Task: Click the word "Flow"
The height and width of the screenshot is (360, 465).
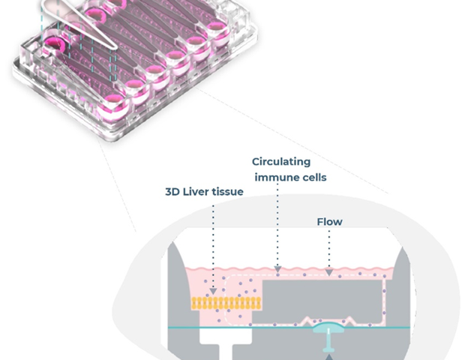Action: [329, 221]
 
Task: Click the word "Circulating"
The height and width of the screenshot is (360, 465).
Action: [281, 161]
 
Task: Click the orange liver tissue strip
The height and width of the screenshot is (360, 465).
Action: [226, 303]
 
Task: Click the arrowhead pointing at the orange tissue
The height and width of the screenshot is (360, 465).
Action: [214, 290]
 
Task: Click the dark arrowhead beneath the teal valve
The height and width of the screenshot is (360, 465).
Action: [328, 357]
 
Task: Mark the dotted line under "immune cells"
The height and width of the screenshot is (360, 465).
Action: [278, 225]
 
